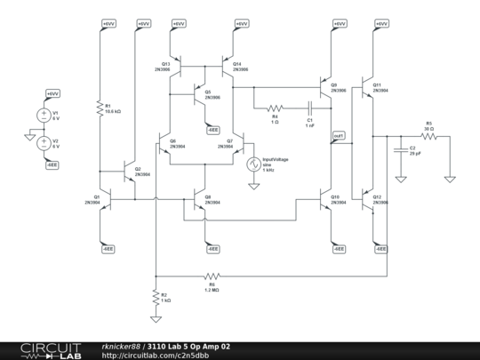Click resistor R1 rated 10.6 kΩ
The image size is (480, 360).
pos(99,107)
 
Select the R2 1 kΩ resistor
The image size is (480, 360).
pos(156,296)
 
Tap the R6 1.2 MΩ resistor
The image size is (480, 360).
pos(212,276)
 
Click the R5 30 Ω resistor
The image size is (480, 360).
pos(428,137)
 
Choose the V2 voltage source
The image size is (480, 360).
pos(41,143)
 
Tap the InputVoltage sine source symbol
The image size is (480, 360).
pos(252,164)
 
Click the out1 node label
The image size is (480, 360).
pos(339,136)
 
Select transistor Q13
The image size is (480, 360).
pos(178,68)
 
